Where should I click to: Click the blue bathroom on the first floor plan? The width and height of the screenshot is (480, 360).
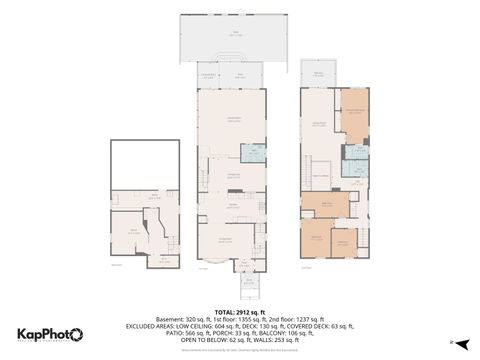pos(253,153)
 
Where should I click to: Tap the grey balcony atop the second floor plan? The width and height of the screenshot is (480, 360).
pos(318,77)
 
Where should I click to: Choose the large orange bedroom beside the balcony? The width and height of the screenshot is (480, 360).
pos(354,113)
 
